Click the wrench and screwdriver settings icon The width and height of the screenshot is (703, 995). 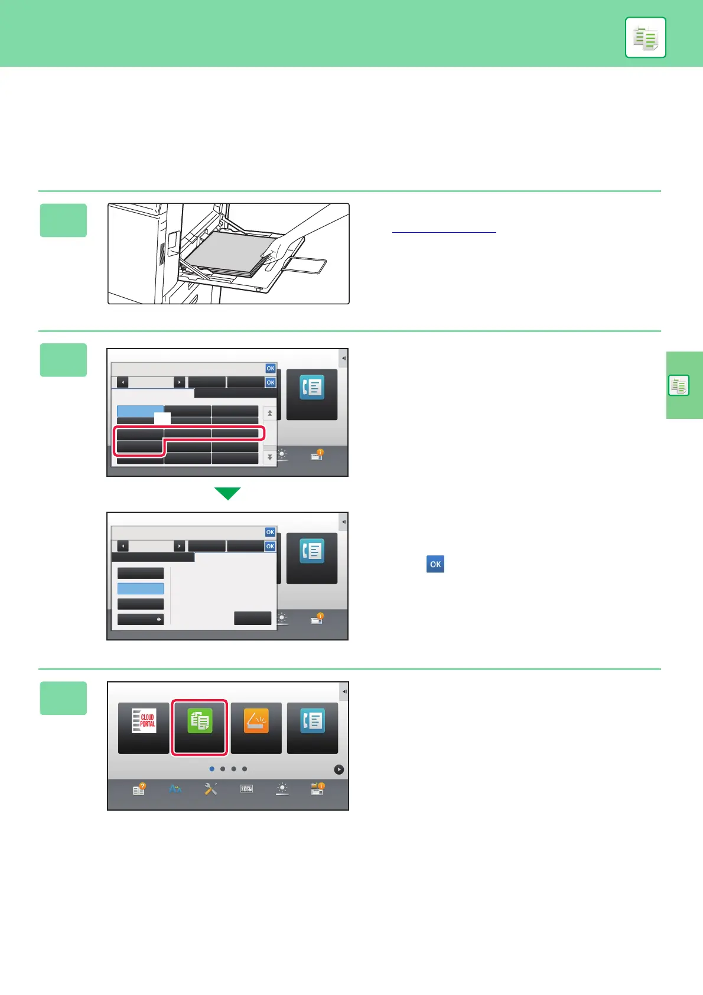tap(211, 789)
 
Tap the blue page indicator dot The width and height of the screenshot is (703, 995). tap(212, 769)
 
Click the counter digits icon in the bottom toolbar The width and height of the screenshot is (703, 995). tap(246, 789)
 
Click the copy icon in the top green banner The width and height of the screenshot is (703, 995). tap(645, 38)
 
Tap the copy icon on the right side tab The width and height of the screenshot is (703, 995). tap(679, 386)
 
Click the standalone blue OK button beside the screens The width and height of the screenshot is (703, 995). tap(435, 564)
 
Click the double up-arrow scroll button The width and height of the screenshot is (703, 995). tap(270, 413)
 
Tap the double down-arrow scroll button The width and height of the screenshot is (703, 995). tap(270, 457)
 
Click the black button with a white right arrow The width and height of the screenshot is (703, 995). tap(141, 619)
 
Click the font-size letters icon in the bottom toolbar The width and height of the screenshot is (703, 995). tap(175, 789)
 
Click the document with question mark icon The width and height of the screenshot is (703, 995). tap(139, 789)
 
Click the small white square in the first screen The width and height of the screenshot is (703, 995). tap(162, 418)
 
